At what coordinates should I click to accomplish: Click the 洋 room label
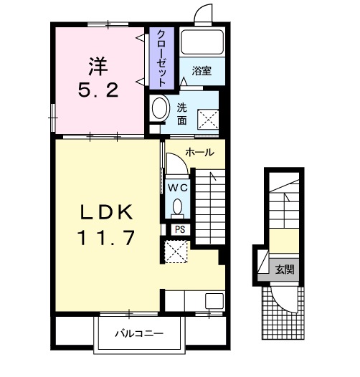(x=98, y=66)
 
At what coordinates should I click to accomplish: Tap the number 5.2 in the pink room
(x=98, y=90)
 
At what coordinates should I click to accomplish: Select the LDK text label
(x=107, y=212)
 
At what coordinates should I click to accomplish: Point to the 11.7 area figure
(x=105, y=238)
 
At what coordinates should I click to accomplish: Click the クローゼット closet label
(x=161, y=59)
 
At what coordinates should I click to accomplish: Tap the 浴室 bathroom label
(x=202, y=71)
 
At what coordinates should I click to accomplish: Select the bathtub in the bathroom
(x=202, y=42)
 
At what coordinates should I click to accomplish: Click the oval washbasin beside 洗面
(x=159, y=108)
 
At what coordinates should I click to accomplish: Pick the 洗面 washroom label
(x=182, y=114)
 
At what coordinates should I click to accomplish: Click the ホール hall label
(x=200, y=152)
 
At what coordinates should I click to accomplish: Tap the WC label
(x=178, y=188)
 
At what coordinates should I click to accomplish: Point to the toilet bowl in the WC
(x=178, y=207)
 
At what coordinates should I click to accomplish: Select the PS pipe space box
(x=181, y=230)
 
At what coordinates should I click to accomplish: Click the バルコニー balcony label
(x=139, y=333)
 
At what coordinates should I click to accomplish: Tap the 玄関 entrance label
(x=285, y=269)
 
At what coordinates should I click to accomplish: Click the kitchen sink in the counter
(x=214, y=301)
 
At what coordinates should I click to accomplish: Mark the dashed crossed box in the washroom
(x=208, y=120)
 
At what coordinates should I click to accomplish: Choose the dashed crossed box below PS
(x=176, y=252)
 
